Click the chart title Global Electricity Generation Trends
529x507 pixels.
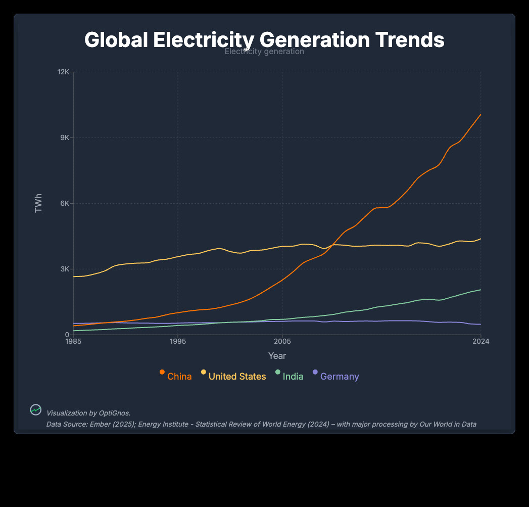point(264,40)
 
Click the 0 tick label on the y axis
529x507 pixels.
point(67,335)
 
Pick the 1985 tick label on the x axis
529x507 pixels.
point(73,342)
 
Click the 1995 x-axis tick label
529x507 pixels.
point(178,342)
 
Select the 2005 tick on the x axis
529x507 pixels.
point(282,342)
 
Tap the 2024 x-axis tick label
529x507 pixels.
point(480,342)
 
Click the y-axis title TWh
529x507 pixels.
point(38,203)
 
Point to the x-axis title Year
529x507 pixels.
point(277,356)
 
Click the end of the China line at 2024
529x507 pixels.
point(480,114)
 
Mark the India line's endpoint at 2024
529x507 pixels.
point(480,290)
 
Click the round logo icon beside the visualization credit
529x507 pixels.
point(36,410)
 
